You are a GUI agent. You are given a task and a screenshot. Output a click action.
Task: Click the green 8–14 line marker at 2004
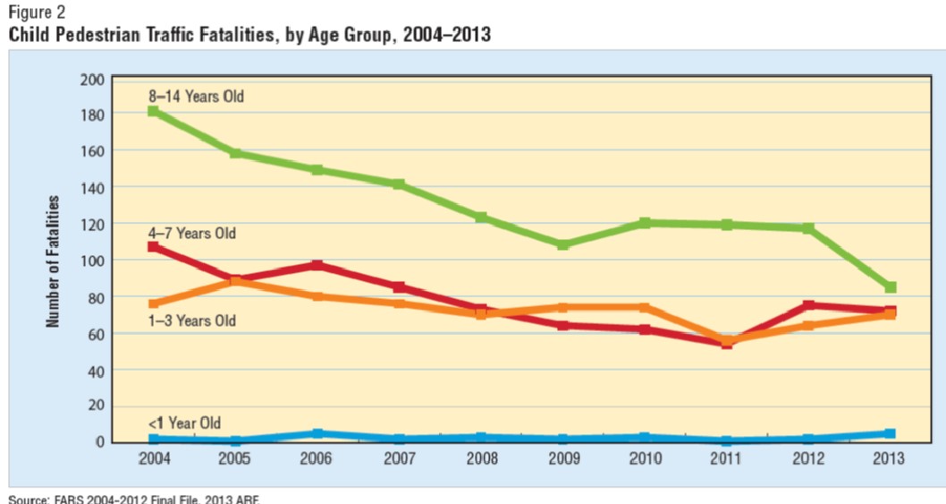click(x=154, y=112)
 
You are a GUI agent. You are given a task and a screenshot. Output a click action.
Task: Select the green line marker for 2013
click(x=891, y=287)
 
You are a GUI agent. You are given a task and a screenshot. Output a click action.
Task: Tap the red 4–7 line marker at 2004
click(x=154, y=246)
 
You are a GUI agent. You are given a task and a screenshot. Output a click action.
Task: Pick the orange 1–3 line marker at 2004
click(x=154, y=304)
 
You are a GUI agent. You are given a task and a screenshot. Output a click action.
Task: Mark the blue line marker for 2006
click(x=317, y=433)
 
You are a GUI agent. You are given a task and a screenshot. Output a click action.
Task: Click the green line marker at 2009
click(x=563, y=244)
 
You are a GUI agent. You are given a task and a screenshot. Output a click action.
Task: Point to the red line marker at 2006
click(x=317, y=265)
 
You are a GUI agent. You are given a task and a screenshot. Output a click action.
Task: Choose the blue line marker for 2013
click(x=891, y=433)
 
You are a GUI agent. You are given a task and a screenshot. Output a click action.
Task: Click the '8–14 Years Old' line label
click(x=197, y=96)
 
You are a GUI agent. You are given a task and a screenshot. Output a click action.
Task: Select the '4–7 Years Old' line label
click(x=193, y=234)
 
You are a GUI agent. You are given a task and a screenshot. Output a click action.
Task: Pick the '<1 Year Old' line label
click(x=185, y=423)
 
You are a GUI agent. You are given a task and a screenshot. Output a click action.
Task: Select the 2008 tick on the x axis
click(x=481, y=458)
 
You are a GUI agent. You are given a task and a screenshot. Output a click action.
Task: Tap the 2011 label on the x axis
click(x=727, y=458)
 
